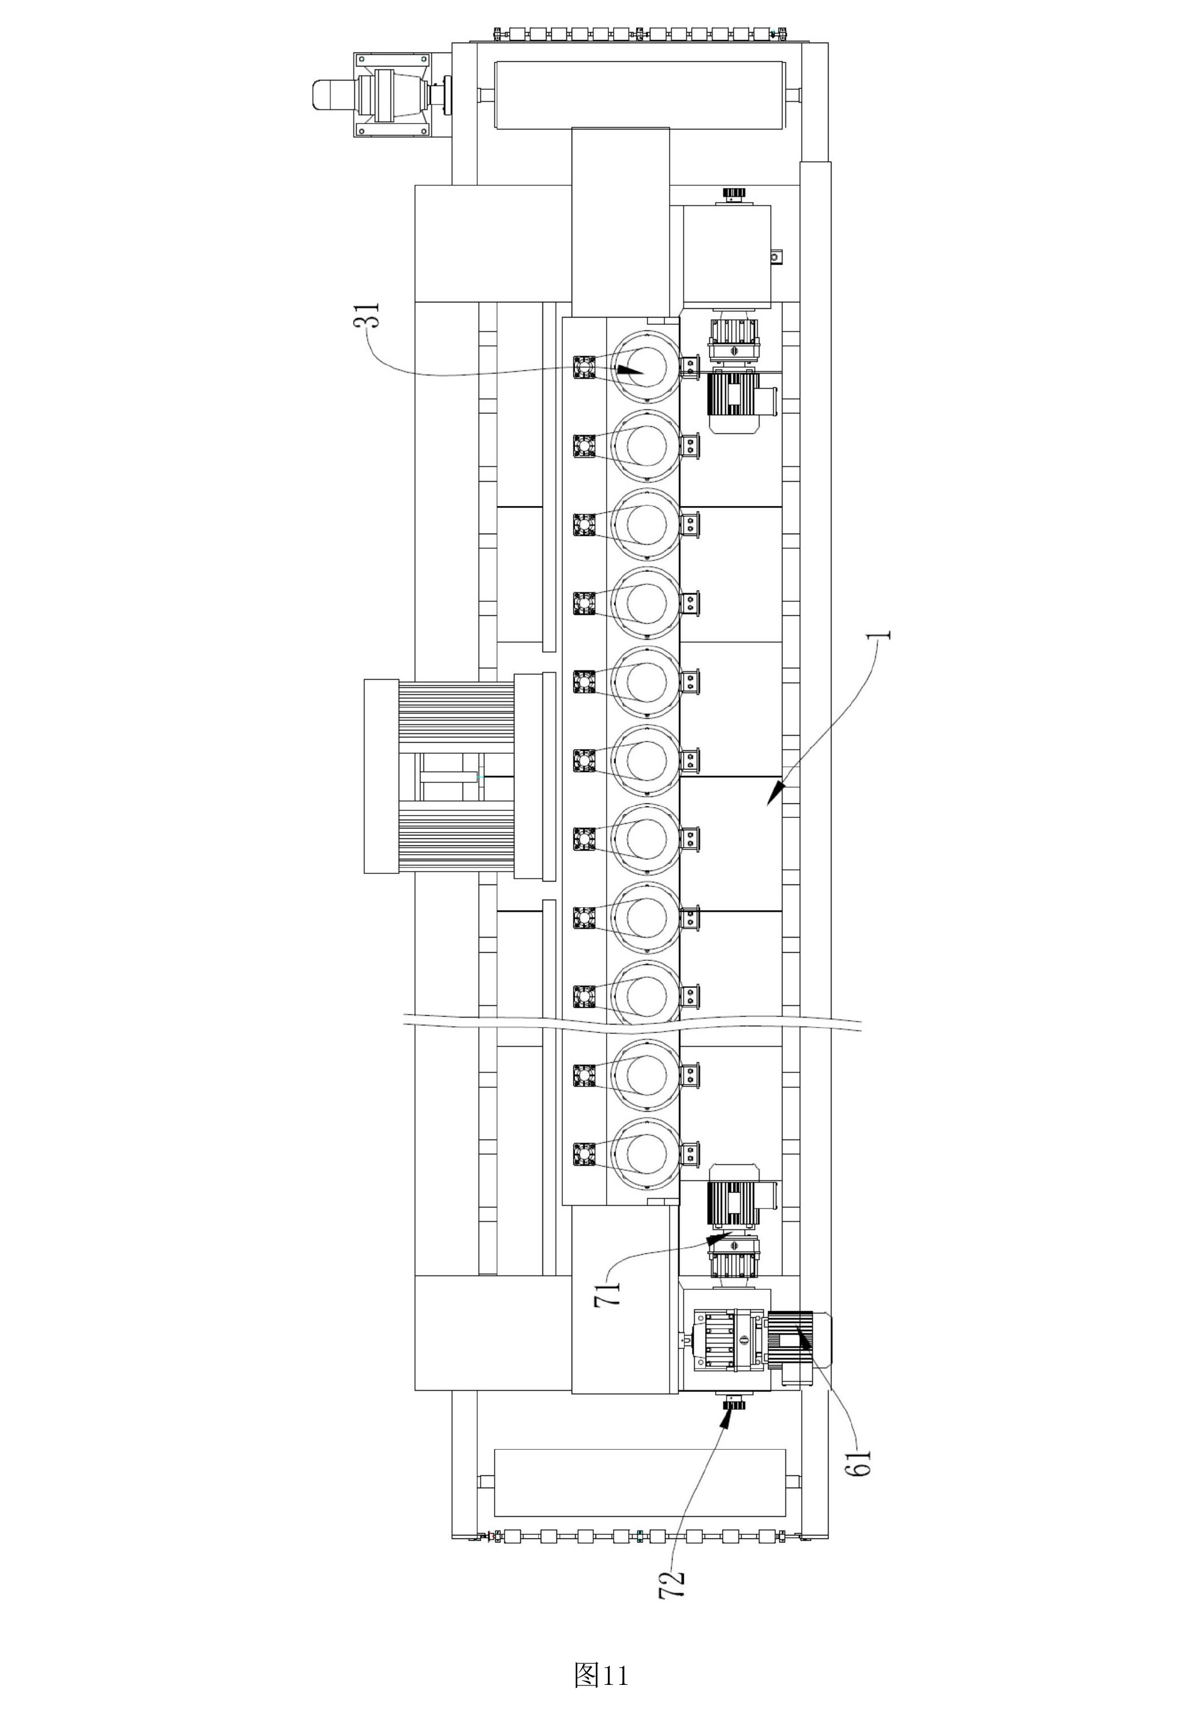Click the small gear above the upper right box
click(734, 194)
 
